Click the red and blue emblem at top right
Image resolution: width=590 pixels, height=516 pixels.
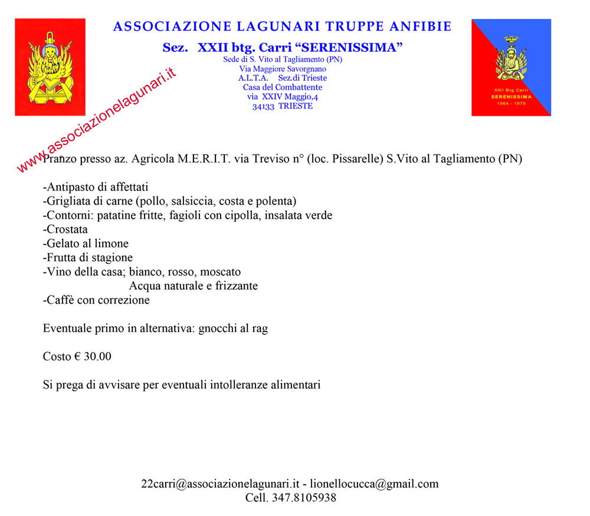[511, 67]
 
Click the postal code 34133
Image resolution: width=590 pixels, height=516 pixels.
[263, 107]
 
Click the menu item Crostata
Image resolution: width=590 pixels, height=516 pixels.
[67, 230]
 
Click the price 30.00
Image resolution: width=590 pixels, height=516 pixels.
[97, 357]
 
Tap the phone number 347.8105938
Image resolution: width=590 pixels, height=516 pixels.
[304, 498]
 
